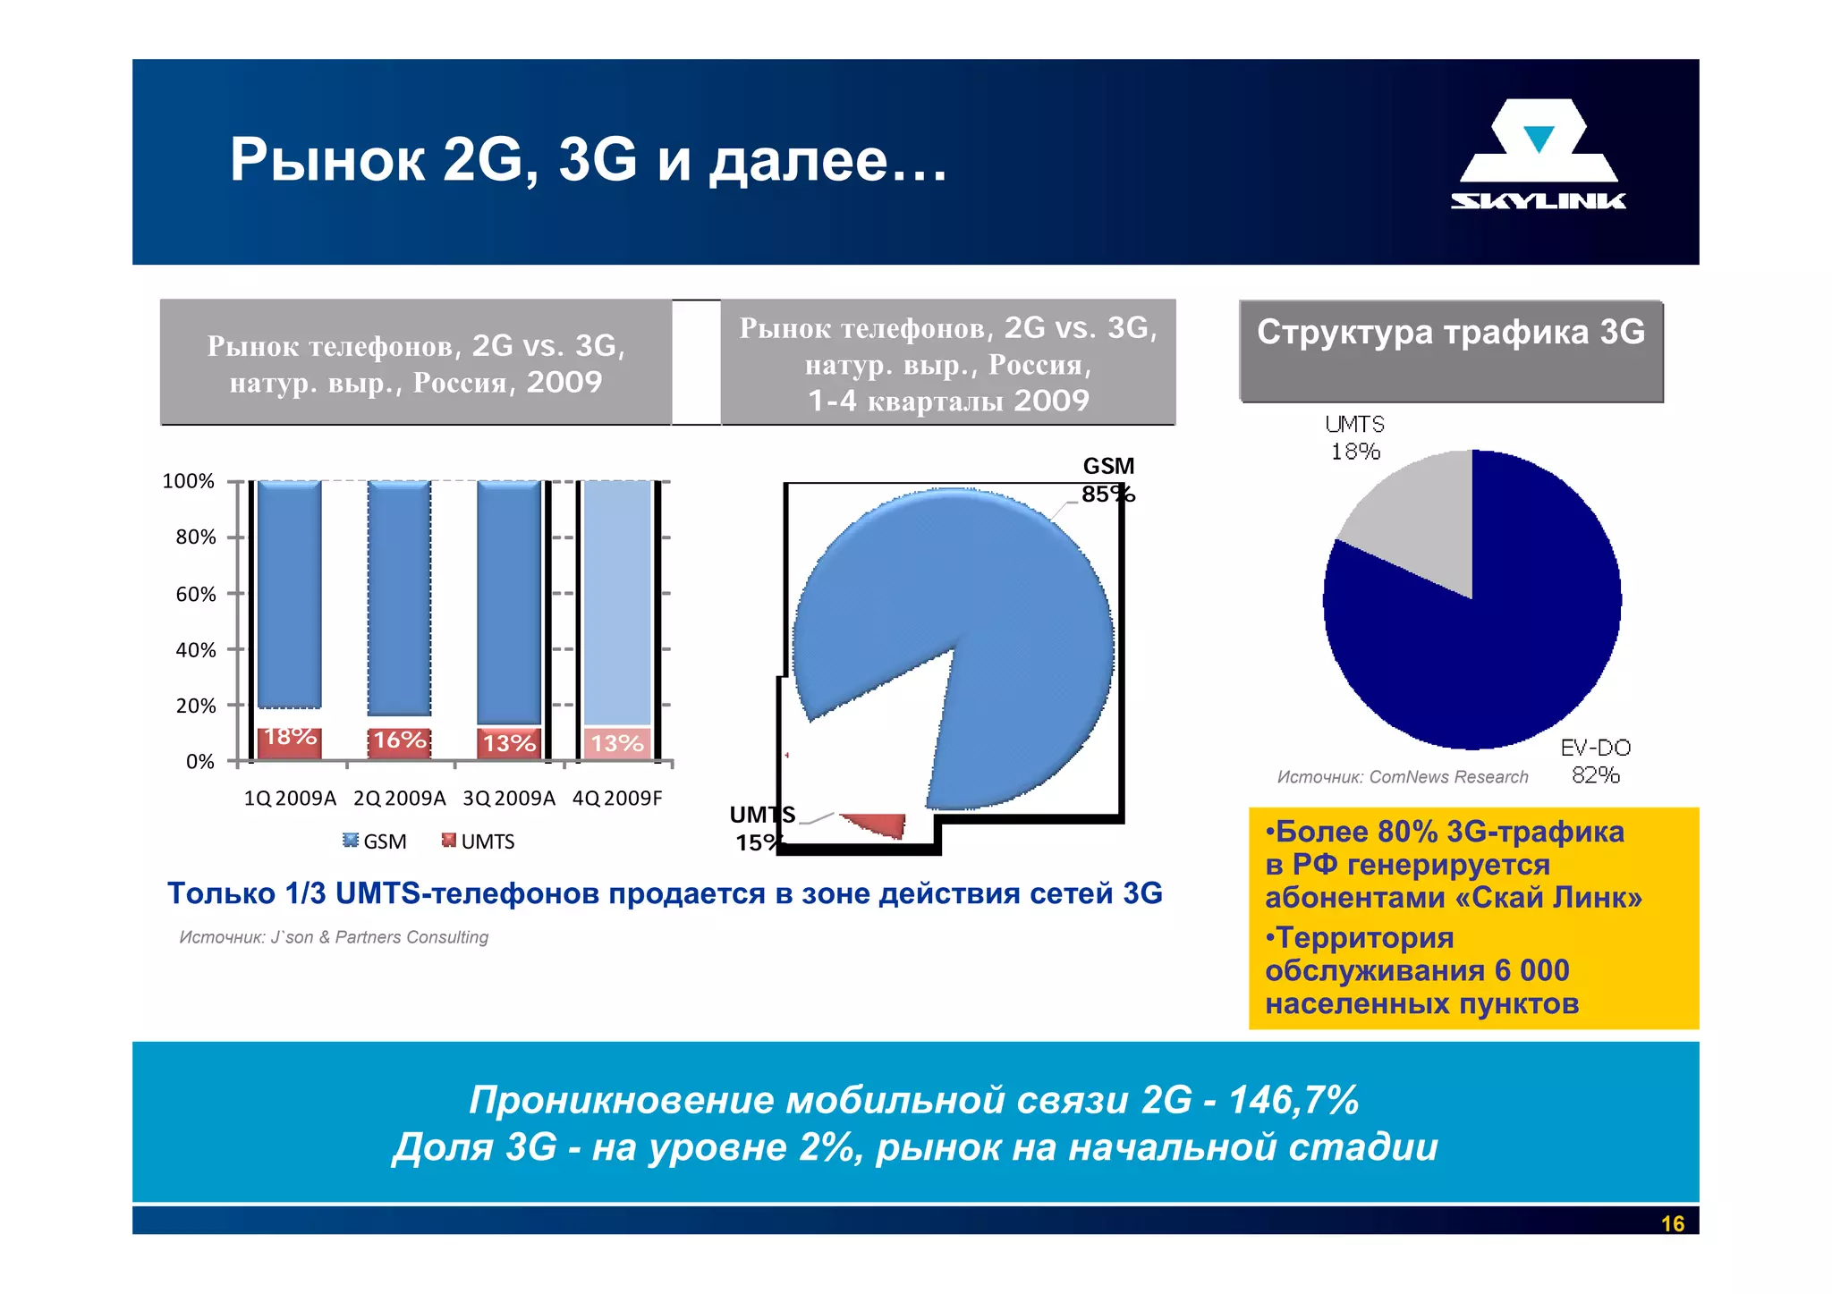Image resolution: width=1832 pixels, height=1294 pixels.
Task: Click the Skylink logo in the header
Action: (1539, 155)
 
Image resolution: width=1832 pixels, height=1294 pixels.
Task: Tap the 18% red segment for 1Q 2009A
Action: (289, 742)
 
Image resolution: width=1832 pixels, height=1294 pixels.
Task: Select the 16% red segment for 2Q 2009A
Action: (399, 742)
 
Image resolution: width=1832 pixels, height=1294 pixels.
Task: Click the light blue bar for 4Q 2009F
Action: (617, 601)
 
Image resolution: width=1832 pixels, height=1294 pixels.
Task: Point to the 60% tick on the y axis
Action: (235, 593)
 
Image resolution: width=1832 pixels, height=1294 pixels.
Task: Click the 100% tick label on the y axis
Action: (188, 481)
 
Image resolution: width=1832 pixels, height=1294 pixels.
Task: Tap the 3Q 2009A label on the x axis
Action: (508, 798)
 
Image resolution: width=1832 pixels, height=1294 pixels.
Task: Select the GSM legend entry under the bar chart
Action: (375, 842)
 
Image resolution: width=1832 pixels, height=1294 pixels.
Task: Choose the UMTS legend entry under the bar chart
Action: (479, 842)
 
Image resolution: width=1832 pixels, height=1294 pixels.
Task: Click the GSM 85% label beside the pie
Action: (1107, 480)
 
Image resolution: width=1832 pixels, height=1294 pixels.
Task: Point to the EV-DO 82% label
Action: (1595, 761)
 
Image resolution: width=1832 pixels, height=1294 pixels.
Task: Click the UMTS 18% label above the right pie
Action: (1354, 437)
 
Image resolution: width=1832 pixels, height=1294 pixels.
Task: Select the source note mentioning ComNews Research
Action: (1402, 777)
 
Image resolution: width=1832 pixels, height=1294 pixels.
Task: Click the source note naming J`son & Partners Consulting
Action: (334, 937)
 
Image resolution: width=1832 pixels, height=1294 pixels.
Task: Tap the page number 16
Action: (1672, 1223)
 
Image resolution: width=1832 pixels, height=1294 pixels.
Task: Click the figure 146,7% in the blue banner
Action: (1293, 1100)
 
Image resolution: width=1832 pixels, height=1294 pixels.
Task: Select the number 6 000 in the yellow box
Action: (1531, 970)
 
